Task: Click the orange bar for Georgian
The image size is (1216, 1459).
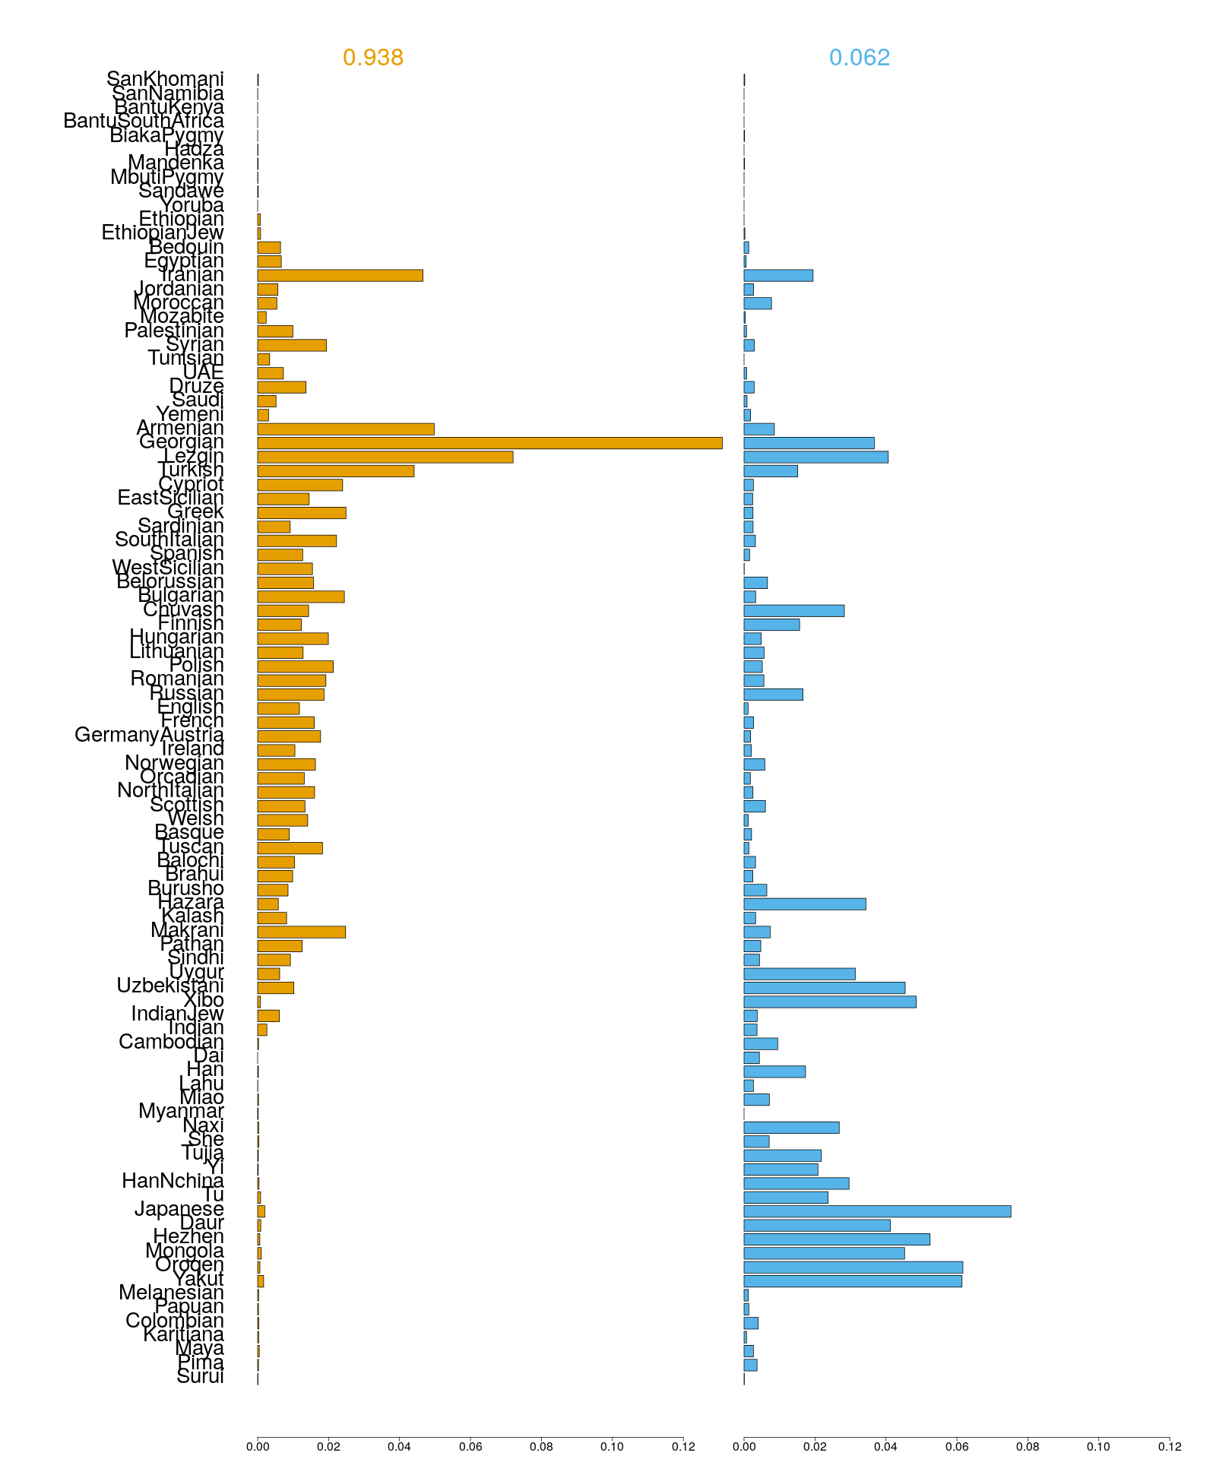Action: click(489, 443)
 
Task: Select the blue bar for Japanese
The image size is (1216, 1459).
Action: click(877, 1211)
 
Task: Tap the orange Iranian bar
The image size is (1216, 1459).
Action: click(340, 275)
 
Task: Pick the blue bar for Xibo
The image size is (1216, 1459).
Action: click(830, 1002)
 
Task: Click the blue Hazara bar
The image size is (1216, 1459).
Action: click(805, 904)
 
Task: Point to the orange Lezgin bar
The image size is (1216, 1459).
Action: click(385, 457)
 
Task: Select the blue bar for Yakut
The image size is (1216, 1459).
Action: click(853, 1281)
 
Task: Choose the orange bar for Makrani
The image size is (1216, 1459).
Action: click(302, 932)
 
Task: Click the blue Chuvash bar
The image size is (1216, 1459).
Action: click(793, 611)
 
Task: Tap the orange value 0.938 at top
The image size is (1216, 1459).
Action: click(373, 58)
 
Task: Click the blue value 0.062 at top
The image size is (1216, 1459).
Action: click(860, 58)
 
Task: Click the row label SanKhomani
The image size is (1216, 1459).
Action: click(166, 79)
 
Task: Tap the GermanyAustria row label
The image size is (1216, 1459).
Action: click(150, 736)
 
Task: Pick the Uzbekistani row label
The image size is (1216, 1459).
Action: click(170, 986)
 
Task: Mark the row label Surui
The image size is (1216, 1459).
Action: click(201, 1377)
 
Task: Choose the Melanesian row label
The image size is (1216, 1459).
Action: click(172, 1293)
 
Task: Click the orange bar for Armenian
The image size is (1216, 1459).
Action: click(346, 429)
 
